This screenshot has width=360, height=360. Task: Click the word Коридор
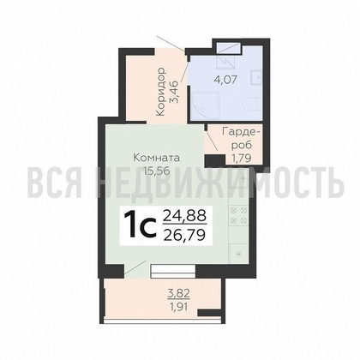pos(161,92)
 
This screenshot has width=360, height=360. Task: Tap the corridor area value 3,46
pos(174,92)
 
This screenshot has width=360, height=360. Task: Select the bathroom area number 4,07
pos(225,79)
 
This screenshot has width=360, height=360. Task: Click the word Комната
pos(157,158)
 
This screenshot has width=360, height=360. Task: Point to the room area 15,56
pos(157,171)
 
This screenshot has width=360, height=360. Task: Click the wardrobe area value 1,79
pos(242,158)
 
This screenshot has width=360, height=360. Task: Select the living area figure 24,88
pos(184,215)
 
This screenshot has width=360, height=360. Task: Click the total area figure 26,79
pos(184,235)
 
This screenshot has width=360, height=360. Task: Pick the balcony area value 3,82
pos(178,293)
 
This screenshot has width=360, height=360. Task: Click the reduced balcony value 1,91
pos(179,308)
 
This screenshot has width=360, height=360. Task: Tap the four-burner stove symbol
pos(238,215)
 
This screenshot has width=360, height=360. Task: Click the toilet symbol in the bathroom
pos(253,105)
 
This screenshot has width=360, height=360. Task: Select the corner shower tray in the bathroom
pos(205,105)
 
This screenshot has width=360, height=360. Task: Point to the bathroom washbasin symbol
pos(256,77)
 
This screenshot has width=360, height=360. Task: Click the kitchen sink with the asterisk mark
pos(238,253)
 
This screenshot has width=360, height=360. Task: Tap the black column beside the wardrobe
pos(215,160)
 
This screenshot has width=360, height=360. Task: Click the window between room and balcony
pos(173,271)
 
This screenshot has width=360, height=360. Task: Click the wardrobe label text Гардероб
pos(242,138)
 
